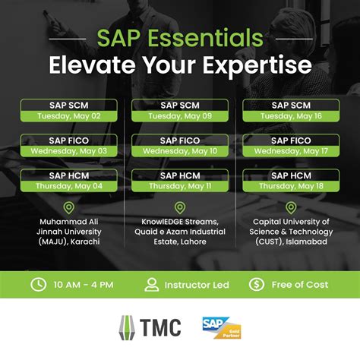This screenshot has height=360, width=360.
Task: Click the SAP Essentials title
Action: [180, 38]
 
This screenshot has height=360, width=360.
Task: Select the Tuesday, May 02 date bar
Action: [69, 116]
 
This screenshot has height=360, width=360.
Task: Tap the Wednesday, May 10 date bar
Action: [180, 151]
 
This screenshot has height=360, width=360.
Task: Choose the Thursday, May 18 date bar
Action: [291, 186]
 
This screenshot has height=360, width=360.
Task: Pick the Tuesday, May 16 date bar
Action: [291, 116]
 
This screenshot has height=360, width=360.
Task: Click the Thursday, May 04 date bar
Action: [69, 186]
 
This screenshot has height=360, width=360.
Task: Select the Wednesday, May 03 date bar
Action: [69, 151]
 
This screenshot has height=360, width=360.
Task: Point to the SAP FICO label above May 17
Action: [291, 141]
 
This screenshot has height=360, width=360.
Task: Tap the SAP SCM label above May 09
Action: [180, 106]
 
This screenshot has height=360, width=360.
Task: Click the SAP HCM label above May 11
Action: [180, 175]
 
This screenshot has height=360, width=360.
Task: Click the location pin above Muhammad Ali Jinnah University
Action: [69, 208]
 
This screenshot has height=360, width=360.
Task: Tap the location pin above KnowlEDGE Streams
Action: [180, 208]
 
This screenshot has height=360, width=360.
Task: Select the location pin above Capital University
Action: [291, 208]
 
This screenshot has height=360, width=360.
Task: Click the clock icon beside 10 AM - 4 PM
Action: [37, 285]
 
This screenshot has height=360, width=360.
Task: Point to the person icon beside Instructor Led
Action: [152, 285]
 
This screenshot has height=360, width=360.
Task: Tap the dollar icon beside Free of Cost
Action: [256, 285]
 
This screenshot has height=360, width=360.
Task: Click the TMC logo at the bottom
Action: [151, 327]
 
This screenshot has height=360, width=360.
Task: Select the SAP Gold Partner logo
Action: [220, 327]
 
